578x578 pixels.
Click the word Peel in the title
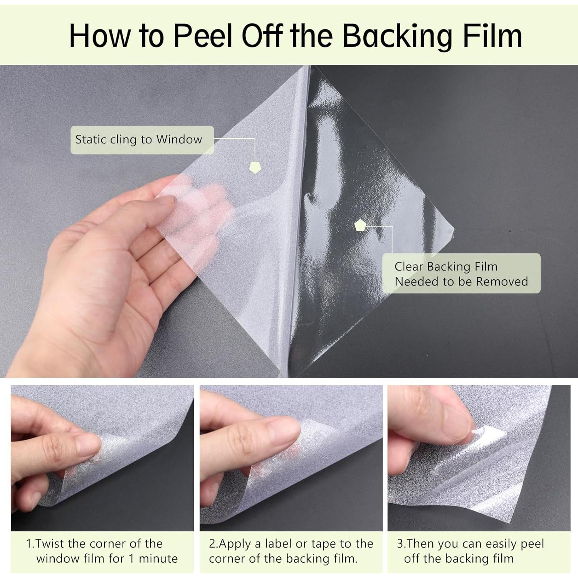(203, 35)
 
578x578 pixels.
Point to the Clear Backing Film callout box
(461, 274)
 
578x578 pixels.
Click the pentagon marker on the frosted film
(255, 167)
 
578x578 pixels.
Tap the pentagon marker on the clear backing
(360, 225)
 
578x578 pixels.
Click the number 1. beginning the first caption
(30, 544)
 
